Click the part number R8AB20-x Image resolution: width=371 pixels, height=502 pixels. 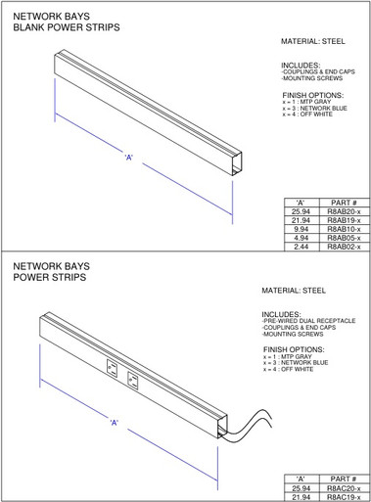344,211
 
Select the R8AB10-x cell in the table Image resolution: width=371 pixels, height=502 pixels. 344,229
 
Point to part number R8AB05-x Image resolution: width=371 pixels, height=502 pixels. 344,238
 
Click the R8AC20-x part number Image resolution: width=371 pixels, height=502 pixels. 344,487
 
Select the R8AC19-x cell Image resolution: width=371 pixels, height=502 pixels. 344,496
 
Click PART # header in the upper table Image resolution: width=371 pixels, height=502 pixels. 344,203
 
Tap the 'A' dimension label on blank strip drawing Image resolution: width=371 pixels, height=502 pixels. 128,158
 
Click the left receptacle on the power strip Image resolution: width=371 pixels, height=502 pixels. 111,371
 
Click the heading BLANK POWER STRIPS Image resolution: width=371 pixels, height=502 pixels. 66,28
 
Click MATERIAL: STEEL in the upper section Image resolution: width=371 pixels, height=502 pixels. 313,42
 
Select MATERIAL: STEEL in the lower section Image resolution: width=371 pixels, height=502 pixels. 294,291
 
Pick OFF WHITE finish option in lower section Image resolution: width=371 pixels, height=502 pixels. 289,370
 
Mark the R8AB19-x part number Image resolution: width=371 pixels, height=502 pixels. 344,220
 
